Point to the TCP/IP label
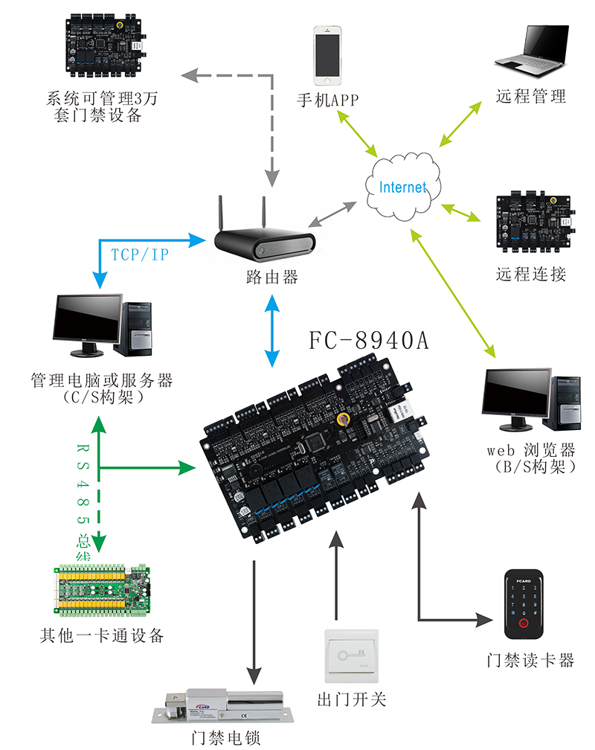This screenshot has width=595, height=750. [x=140, y=254]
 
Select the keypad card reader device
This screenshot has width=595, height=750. [x=526, y=605]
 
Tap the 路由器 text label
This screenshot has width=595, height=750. [x=271, y=278]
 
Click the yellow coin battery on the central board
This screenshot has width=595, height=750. [x=344, y=419]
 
